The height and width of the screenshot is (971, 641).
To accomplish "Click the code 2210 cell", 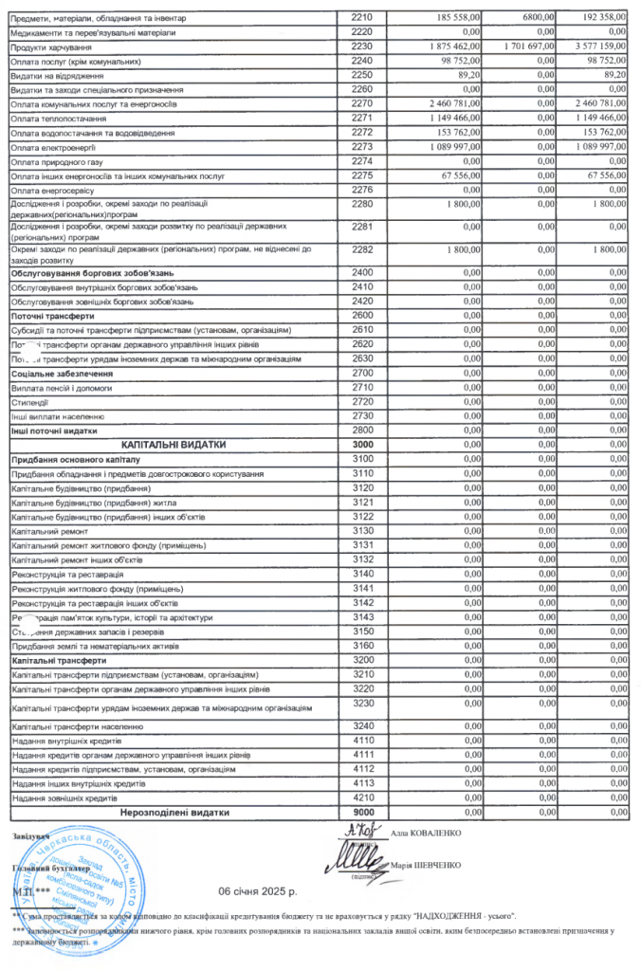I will (x=362, y=18).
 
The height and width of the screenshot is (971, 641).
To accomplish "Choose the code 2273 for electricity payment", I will (x=362, y=147).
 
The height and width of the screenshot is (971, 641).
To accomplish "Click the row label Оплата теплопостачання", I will (x=59, y=119).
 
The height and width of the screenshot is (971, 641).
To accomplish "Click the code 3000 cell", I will (x=362, y=444).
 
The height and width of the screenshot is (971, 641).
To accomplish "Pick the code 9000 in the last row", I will (x=362, y=813).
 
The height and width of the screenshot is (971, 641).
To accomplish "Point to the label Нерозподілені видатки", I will (x=174, y=813).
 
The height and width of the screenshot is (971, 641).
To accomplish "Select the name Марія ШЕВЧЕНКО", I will (x=426, y=866).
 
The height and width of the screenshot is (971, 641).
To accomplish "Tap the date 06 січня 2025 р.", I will (x=258, y=891).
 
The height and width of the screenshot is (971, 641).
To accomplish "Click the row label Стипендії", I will (x=30, y=402).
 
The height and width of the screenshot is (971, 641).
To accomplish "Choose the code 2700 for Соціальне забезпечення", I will (x=362, y=374).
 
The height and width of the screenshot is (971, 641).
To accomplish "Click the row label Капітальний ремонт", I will (x=48, y=530).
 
